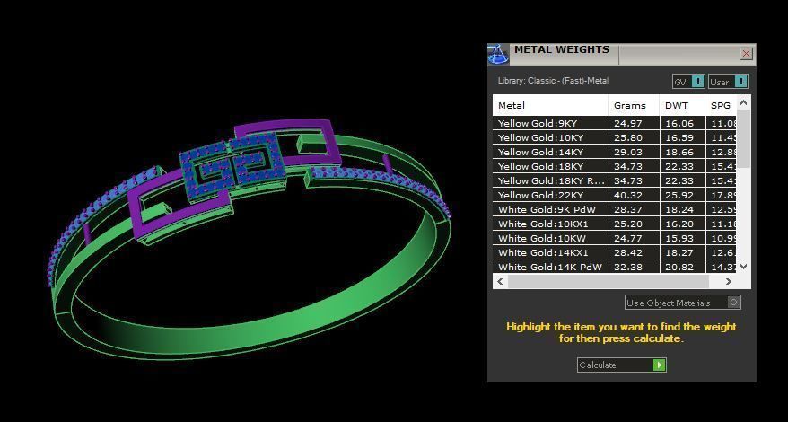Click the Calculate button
tap(621, 365)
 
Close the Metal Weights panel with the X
tap(746, 54)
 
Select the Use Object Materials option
tap(682, 303)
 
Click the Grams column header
tap(630, 105)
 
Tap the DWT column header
tap(677, 105)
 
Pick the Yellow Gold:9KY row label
tap(538, 123)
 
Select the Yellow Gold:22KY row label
tap(540, 195)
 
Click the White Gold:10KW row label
tap(540, 238)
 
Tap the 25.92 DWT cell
tap(679, 195)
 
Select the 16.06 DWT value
tap(679, 123)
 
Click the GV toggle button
tap(688, 82)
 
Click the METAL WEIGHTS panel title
tap(561, 50)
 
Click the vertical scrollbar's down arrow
tap(743, 267)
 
